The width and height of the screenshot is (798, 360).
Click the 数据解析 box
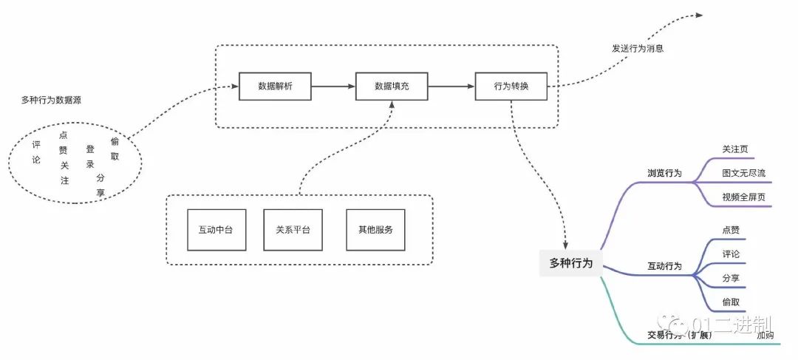[x=275, y=86]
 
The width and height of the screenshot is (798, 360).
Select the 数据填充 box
[x=392, y=86]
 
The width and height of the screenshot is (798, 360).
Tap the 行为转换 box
[x=511, y=86]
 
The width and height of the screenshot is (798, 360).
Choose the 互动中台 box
[x=216, y=229]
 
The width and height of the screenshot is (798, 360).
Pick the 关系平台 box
[x=293, y=229]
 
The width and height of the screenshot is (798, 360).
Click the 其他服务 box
[x=375, y=229]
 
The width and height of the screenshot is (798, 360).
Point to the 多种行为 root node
[x=571, y=262]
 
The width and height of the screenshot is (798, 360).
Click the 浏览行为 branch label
[x=664, y=173]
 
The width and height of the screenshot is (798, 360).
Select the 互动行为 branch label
[x=664, y=266]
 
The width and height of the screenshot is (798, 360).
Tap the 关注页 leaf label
[x=735, y=149]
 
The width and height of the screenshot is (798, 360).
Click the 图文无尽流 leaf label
[x=744, y=173]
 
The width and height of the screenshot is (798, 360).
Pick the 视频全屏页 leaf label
[x=744, y=197]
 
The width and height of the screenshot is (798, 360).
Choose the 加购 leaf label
[x=765, y=336]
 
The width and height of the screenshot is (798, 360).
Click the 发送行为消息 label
[x=637, y=49]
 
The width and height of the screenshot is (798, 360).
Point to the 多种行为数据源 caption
[x=51, y=100]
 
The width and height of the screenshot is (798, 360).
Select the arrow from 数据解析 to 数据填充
[x=333, y=86]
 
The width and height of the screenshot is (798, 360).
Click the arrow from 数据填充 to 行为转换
[x=451, y=86]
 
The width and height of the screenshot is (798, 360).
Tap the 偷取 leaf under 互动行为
[x=731, y=302]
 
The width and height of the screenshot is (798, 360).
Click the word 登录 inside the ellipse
[x=90, y=157]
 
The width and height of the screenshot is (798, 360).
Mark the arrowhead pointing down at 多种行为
[x=565, y=244]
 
